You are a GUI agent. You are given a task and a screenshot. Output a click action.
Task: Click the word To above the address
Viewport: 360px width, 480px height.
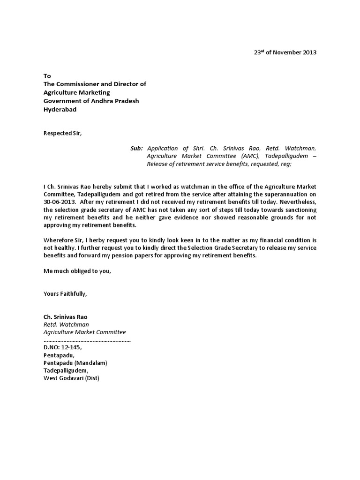(x=47, y=76)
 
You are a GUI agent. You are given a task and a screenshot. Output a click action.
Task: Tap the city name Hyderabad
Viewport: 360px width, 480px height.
(x=60, y=109)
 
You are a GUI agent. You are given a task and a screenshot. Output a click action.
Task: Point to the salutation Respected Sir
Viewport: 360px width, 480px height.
(x=62, y=133)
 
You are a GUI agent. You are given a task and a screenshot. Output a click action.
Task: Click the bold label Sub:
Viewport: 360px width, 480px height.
(x=136, y=148)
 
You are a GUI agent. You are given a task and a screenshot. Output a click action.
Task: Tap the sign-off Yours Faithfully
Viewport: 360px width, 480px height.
(x=65, y=294)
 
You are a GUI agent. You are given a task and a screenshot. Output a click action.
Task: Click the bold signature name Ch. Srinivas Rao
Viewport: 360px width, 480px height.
(x=65, y=317)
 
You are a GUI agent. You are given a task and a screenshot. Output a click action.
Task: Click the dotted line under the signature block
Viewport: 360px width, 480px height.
(x=87, y=340)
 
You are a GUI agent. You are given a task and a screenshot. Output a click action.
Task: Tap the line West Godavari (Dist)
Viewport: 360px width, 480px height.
(x=71, y=378)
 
